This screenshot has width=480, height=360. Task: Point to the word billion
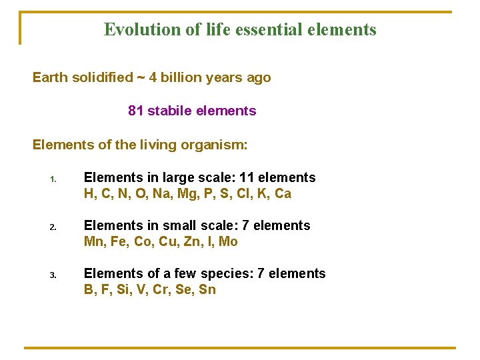tap(184, 77)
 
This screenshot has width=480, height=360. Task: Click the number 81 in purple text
tap(135, 111)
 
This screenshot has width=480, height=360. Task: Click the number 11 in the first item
tap(248, 177)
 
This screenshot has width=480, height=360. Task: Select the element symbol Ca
tap(283, 194)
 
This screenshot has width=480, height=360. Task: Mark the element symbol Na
tap(159, 194)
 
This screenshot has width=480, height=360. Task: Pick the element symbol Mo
tap(228, 242)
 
